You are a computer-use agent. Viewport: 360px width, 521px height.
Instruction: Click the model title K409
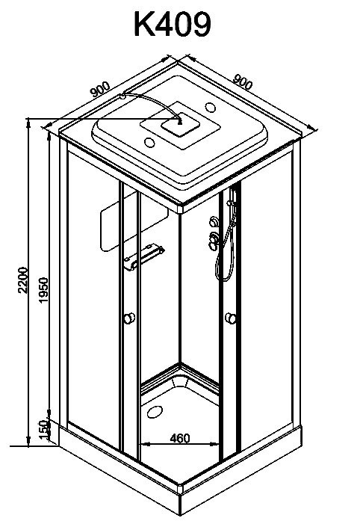coord(172,24)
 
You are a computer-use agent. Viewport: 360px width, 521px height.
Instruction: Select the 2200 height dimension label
coord(23,280)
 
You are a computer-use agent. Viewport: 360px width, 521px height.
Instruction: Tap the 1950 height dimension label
coord(43,290)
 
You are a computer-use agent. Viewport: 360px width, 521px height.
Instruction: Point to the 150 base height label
coord(44,429)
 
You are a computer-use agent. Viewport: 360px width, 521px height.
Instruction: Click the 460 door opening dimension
coord(180,438)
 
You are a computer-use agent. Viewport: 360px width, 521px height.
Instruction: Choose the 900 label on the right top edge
coord(243,81)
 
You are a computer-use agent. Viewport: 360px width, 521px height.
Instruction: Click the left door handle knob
coord(128,318)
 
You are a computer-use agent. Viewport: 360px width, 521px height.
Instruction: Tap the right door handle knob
coord(231,318)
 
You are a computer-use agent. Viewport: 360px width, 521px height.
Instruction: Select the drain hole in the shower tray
coord(155,412)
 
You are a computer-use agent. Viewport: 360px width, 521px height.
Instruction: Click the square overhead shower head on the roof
coord(181,124)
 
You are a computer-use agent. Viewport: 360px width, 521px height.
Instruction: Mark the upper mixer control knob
coord(214,221)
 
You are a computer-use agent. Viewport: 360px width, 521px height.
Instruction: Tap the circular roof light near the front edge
coord(149,143)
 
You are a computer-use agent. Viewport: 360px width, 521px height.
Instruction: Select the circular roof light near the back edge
coord(210,108)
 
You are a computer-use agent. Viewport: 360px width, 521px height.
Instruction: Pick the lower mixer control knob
coord(213,238)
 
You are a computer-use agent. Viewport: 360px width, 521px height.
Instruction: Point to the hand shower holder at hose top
coord(230,202)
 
